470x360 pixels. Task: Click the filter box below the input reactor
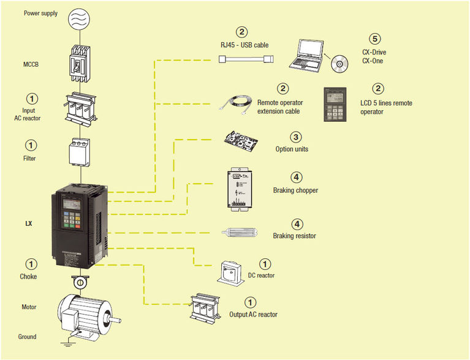(x=81, y=152)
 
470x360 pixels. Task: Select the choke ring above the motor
(x=80, y=282)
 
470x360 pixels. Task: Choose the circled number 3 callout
(x=296, y=137)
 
